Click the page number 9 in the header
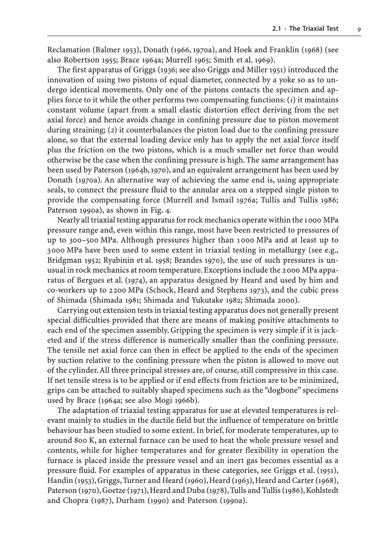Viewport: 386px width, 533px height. pyautogui.click(x=359, y=29)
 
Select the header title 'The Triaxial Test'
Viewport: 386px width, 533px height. pyautogui.click(x=313, y=29)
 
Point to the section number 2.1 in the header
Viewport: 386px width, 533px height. pyautogui.click(x=276, y=29)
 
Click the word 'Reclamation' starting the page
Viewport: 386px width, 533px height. pyautogui.click(x=69, y=50)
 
